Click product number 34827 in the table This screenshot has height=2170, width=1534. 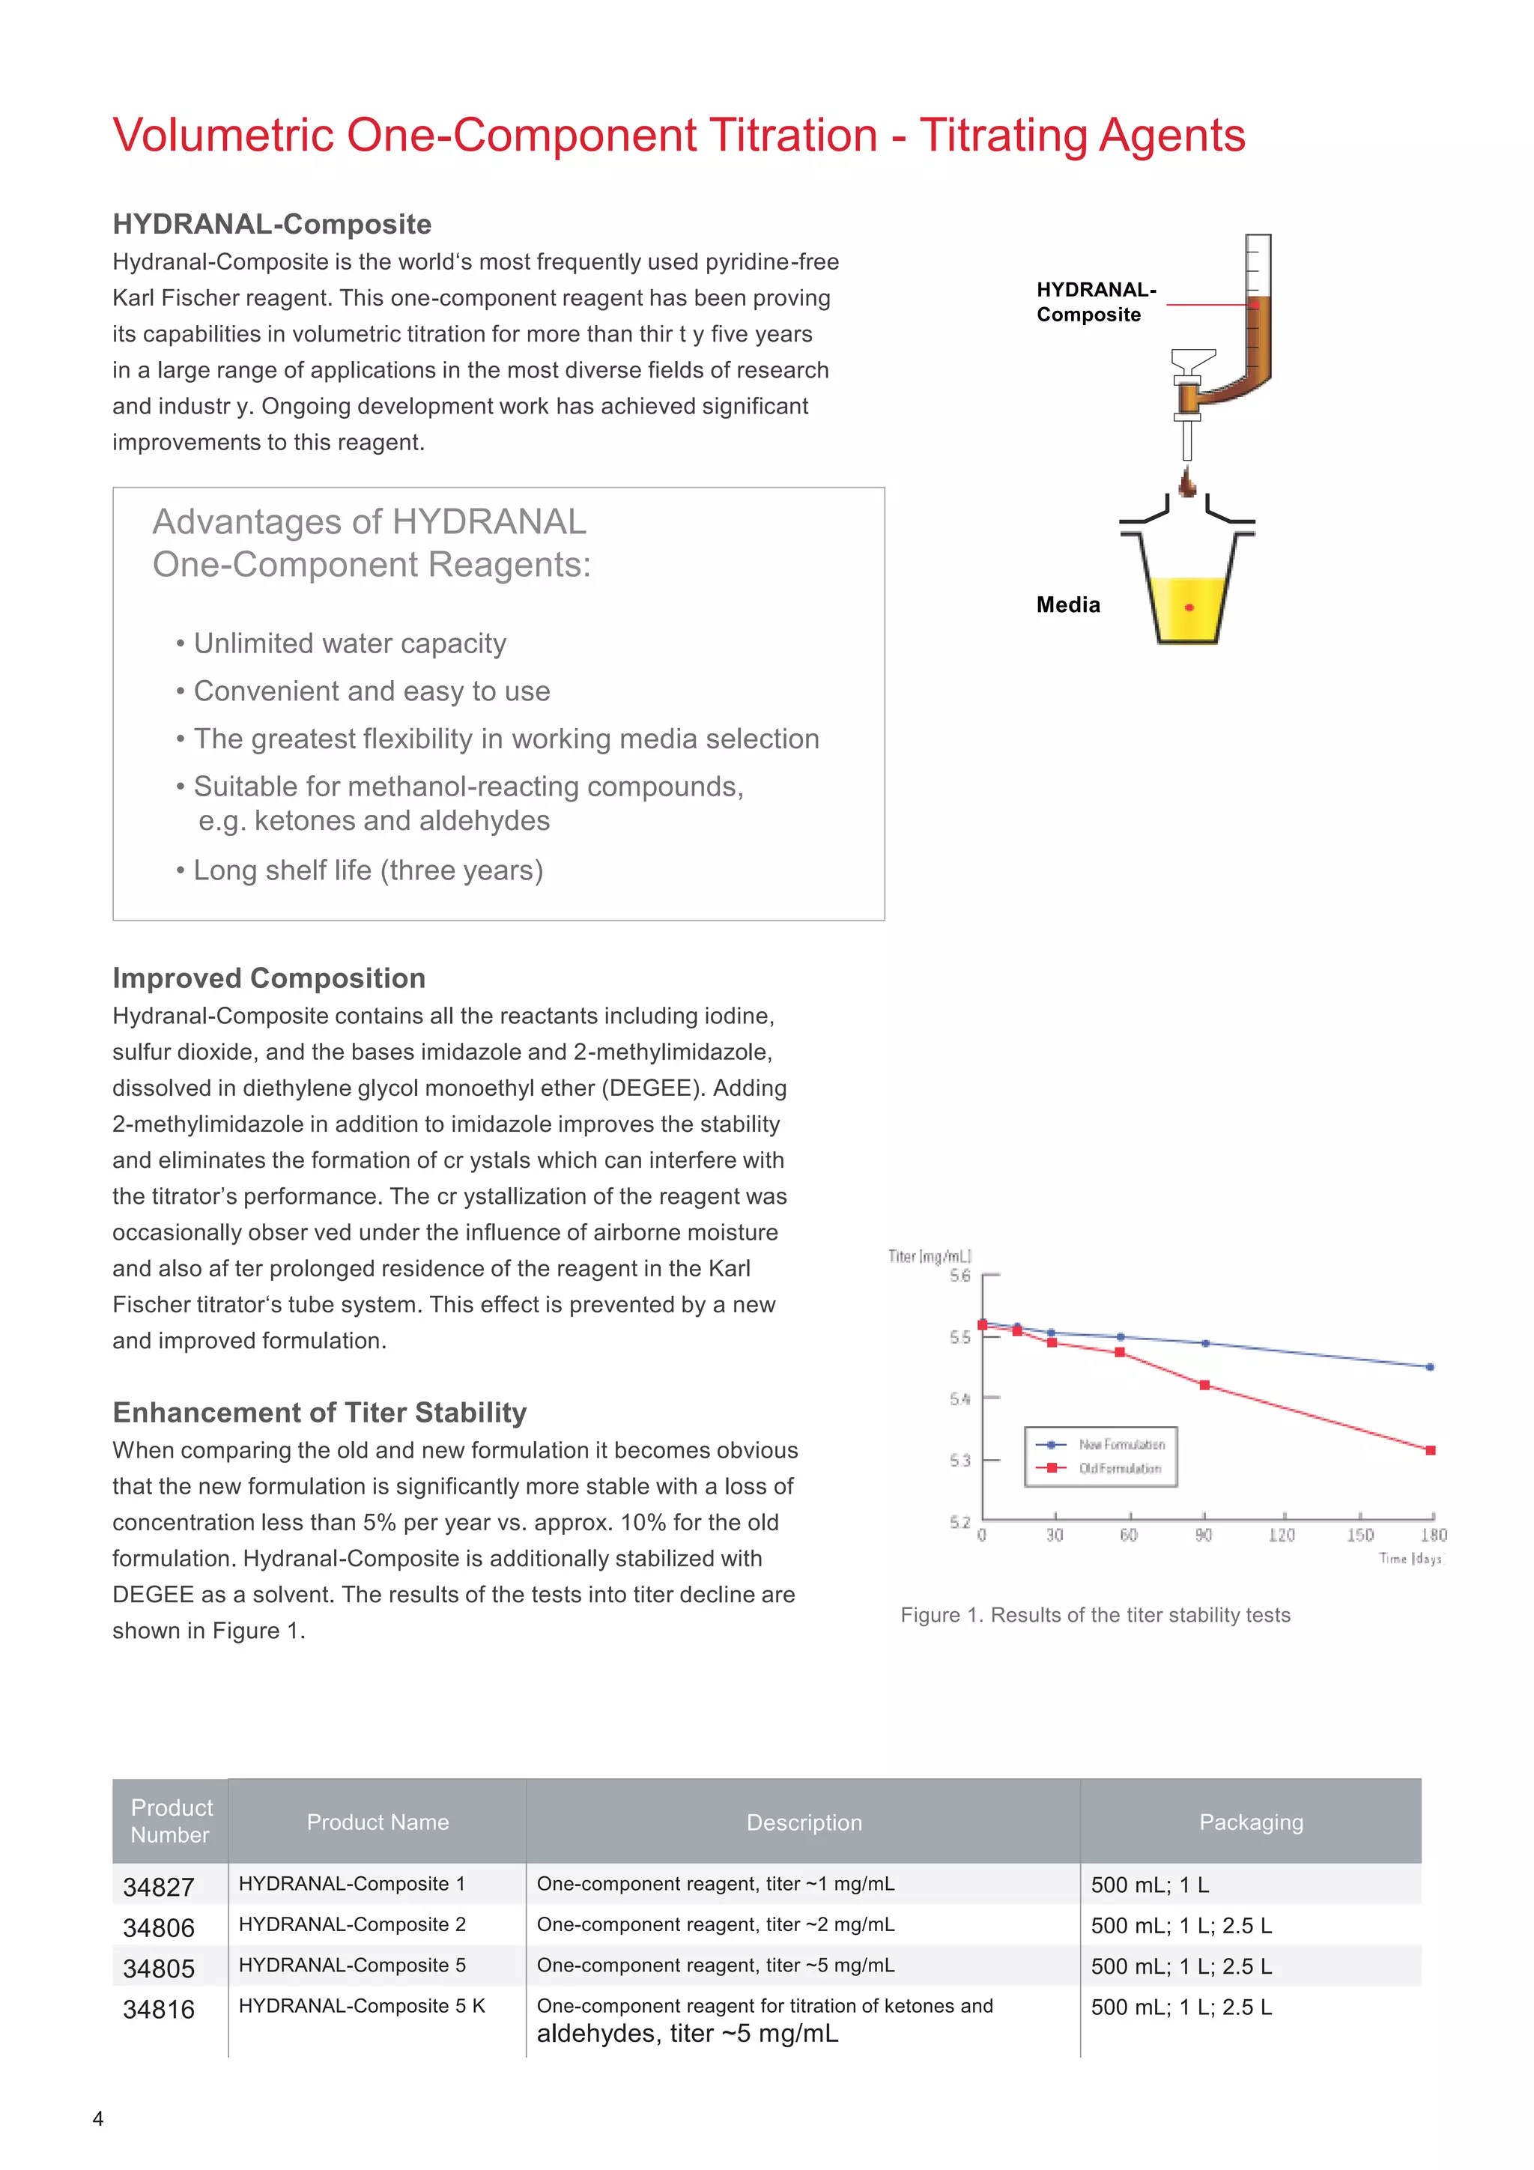(x=158, y=1886)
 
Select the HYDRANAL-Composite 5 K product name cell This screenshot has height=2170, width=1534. (x=361, y=2005)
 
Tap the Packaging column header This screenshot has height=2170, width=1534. (x=1249, y=1822)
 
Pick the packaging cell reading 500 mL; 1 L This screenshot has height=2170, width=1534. (x=1149, y=1885)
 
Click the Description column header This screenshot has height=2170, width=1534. (x=804, y=1822)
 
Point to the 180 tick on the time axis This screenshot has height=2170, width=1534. (x=1433, y=1534)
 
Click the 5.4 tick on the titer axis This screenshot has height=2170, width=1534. (x=960, y=1398)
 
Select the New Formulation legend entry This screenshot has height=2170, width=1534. (x=1121, y=1444)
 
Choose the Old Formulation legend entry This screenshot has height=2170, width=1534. (x=1119, y=1468)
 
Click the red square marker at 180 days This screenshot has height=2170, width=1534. (x=1430, y=1450)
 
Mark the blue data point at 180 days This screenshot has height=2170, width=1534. (x=1429, y=1367)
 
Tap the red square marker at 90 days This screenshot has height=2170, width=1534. (x=1204, y=1386)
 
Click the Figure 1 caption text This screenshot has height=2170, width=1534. (x=1094, y=1614)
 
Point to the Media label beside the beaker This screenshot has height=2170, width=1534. (x=1068, y=605)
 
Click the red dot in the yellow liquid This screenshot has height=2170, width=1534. (x=1189, y=607)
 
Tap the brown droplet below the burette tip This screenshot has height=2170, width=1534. (x=1187, y=484)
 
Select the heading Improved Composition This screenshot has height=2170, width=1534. (x=268, y=978)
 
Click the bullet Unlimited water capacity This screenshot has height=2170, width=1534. (x=349, y=643)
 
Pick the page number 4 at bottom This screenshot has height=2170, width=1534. (x=98, y=2118)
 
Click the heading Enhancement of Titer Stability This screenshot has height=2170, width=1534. (x=320, y=1412)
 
